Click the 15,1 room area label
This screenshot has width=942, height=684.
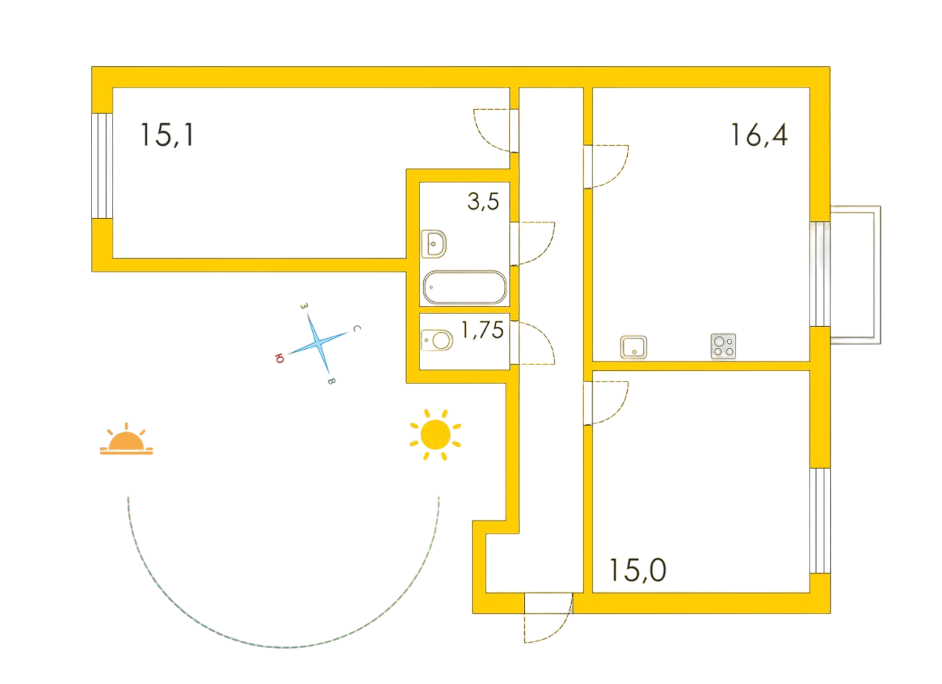coord(167,135)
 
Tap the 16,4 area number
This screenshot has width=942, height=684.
coord(759,135)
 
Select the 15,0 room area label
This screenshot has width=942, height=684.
coord(637,570)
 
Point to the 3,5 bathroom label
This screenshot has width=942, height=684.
coord(484,201)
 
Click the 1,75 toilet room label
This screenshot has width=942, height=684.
coord(482,330)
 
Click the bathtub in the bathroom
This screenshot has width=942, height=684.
coord(464,287)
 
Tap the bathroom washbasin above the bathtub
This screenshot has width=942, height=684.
coord(433,244)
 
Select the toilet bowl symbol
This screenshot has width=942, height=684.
coord(437,340)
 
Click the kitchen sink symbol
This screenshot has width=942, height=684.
coord(634,347)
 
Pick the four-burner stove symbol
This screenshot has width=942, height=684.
coord(723,346)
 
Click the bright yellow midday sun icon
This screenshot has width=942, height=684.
coord(435,434)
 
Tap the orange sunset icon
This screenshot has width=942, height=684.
coord(126,439)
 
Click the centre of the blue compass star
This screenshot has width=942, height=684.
coord(319,344)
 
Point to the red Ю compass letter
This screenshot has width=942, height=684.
coord(279,359)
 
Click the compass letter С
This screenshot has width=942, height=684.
coord(357,328)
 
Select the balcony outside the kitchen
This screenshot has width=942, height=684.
coord(855,275)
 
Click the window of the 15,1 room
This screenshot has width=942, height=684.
coord(102,166)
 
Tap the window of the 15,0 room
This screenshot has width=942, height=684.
coord(820,521)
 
